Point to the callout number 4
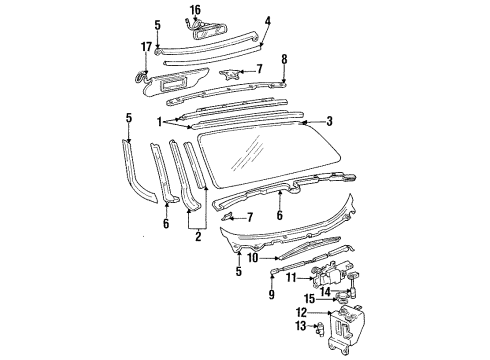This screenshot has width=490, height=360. click(268, 19)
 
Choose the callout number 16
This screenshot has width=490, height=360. click(196, 9)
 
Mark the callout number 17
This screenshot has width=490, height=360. click(146, 46)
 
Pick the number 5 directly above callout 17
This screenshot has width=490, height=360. click(157, 24)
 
